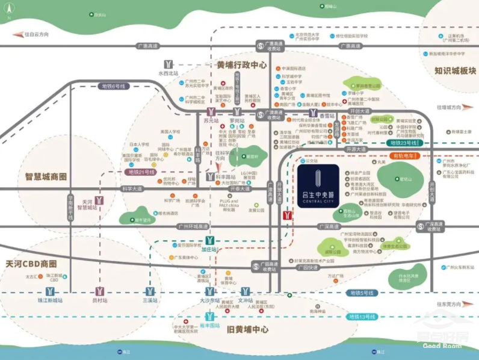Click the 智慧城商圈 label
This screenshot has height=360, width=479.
click(46, 177)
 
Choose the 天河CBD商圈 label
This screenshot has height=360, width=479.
click(31, 264)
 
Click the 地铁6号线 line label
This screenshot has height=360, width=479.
click(113, 86)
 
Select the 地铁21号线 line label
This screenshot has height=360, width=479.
click(138, 172)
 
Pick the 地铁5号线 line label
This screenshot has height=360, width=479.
click(362, 293)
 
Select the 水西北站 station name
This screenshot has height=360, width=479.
click(168, 73)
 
